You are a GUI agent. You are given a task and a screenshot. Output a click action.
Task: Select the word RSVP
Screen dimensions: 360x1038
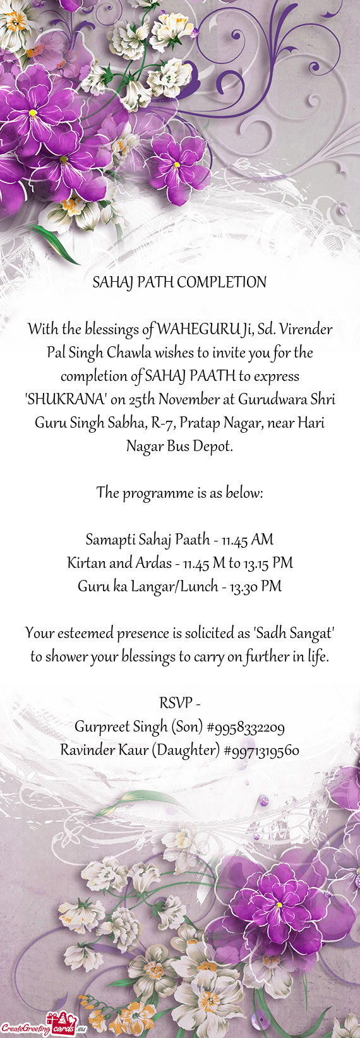175,703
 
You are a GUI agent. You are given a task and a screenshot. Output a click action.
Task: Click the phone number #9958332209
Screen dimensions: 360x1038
245,727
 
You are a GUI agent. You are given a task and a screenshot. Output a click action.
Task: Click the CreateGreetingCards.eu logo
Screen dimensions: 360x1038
44,1029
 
